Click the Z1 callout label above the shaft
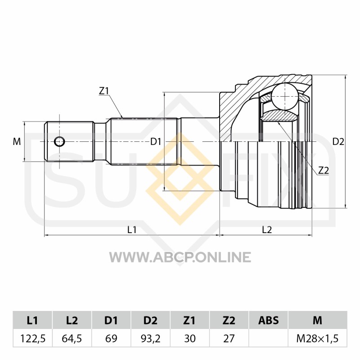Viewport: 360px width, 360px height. point(103,91)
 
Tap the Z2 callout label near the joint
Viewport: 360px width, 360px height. point(324,171)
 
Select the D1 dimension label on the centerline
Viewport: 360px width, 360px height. point(156,142)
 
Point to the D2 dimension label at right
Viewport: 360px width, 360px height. point(338,142)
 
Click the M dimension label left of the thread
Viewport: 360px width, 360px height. point(17,142)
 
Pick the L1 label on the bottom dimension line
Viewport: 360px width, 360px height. point(132,229)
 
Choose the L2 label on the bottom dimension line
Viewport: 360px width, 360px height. point(267,229)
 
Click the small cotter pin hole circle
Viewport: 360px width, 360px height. point(59,142)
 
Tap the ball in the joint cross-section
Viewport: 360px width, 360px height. point(285,96)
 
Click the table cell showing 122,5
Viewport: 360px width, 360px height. point(33,338)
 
